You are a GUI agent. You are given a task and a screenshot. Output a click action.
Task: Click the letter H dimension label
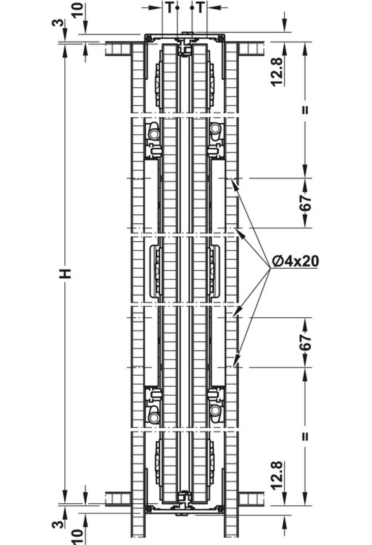66,273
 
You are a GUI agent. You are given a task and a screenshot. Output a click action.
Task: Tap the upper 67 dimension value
306,203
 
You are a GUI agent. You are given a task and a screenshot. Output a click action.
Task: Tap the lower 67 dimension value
306,342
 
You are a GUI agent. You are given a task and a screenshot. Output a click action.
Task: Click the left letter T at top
169,8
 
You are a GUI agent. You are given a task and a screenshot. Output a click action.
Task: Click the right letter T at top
201,8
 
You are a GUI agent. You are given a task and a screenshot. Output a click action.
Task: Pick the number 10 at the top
79,11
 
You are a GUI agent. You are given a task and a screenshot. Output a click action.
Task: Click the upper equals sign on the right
305,110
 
